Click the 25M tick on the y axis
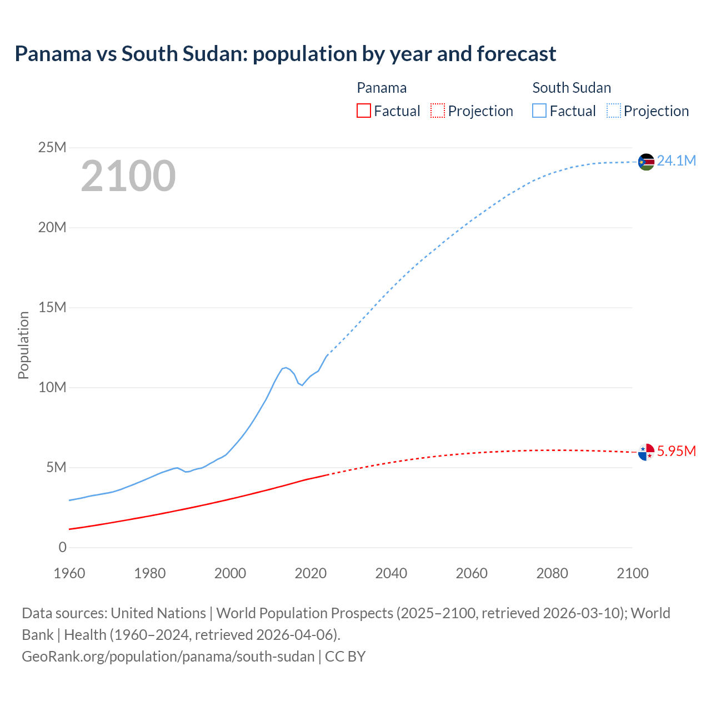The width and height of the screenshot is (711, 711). pyautogui.click(x=53, y=148)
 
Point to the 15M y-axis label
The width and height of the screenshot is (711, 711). pyautogui.click(x=53, y=308)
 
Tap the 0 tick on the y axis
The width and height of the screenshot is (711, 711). pyautogui.click(x=62, y=548)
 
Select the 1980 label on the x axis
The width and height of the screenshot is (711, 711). pyautogui.click(x=149, y=573)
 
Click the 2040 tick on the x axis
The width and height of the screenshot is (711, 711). pyautogui.click(x=391, y=573)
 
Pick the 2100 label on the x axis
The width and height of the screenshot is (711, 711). pyautogui.click(x=632, y=573)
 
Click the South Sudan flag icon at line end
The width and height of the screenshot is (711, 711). pyautogui.click(x=646, y=162)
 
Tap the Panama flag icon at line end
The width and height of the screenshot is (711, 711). pyautogui.click(x=646, y=452)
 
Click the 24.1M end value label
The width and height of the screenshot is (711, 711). pyautogui.click(x=676, y=161)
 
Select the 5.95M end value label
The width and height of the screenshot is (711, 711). pyautogui.click(x=676, y=451)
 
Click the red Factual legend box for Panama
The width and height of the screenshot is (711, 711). pyautogui.click(x=363, y=111)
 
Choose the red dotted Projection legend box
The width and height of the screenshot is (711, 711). pyautogui.click(x=438, y=111)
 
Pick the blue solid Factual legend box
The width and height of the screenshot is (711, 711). pyautogui.click(x=539, y=111)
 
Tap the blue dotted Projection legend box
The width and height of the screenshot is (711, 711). pyautogui.click(x=613, y=111)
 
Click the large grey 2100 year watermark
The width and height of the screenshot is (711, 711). pyautogui.click(x=128, y=177)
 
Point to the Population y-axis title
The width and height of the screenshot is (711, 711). pyautogui.click(x=23, y=346)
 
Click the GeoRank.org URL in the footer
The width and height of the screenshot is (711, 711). pyautogui.click(x=168, y=657)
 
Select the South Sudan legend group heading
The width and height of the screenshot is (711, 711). pyautogui.click(x=572, y=88)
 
